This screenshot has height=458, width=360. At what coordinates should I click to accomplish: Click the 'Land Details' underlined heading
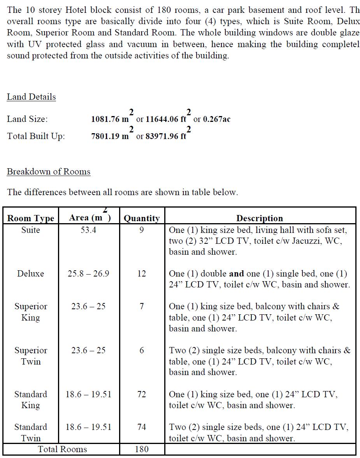(x=31, y=97)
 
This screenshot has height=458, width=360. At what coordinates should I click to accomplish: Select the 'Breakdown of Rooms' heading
(x=49, y=172)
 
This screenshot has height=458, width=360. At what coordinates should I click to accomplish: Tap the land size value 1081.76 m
(x=110, y=119)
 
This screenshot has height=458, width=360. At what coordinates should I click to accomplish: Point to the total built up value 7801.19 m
(x=110, y=136)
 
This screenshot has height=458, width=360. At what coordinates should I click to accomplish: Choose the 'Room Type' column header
(x=31, y=218)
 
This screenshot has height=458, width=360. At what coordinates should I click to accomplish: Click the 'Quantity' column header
(x=142, y=218)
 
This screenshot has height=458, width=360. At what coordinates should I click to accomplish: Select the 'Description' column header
(x=260, y=218)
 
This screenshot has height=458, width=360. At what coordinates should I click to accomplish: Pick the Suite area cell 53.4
(x=88, y=230)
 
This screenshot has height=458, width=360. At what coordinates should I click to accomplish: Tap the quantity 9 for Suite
(x=142, y=230)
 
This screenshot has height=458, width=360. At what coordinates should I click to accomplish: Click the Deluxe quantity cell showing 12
(x=142, y=274)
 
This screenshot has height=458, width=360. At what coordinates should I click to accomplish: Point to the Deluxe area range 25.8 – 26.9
(x=88, y=274)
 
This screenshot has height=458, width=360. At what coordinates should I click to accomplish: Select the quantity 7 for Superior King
(x=142, y=307)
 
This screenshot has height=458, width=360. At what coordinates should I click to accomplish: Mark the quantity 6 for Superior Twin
(x=142, y=351)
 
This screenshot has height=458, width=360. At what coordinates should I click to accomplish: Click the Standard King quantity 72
(x=142, y=394)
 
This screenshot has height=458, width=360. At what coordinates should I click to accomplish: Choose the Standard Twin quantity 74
(x=142, y=427)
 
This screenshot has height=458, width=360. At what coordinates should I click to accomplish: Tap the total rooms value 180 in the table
(x=142, y=449)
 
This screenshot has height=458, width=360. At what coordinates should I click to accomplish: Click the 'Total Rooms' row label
(x=62, y=449)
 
